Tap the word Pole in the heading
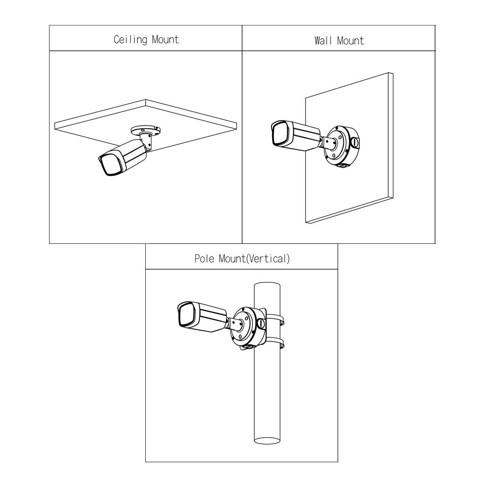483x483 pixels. (x=203, y=259)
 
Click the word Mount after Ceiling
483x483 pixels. (x=165, y=40)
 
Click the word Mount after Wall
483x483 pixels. (x=350, y=41)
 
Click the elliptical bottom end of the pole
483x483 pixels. (x=267, y=440)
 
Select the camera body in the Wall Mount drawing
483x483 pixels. (x=302, y=135)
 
